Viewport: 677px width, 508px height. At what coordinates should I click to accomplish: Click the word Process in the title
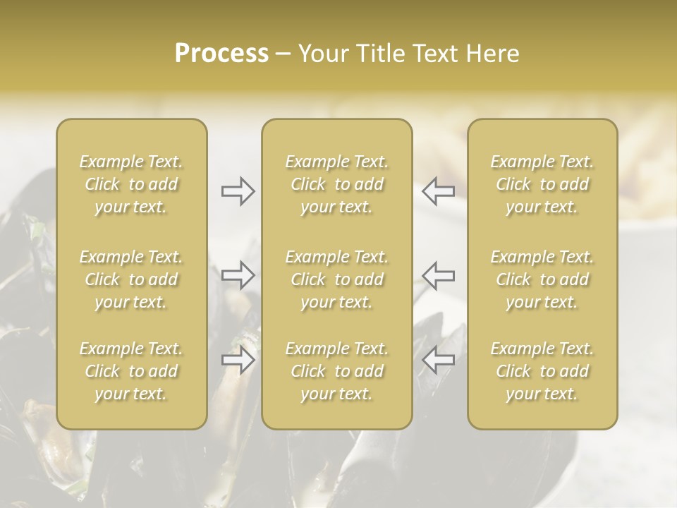(221, 54)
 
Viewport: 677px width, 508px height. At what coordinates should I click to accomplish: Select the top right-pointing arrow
(238, 191)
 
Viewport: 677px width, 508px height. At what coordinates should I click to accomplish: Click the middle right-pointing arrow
(238, 275)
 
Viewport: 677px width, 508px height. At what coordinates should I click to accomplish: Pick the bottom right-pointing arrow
(238, 360)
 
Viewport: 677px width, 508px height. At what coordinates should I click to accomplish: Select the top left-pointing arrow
(438, 191)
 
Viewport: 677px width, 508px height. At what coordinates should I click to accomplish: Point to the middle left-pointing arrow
(438, 275)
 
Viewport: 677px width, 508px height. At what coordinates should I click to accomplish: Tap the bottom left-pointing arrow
(438, 360)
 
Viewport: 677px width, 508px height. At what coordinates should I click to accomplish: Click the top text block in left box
(131, 184)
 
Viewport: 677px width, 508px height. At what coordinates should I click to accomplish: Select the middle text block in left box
(131, 279)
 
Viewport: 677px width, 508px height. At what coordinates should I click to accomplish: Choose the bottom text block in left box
(131, 371)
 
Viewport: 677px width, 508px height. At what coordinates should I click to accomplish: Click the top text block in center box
(337, 184)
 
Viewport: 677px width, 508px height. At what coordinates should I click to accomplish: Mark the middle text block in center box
(337, 279)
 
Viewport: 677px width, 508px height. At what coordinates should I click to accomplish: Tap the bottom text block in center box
(337, 371)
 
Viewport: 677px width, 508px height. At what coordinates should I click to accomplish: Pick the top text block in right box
(542, 184)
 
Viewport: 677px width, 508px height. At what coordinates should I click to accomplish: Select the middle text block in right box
(542, 279)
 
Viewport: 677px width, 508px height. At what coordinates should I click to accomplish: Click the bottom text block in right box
(542, 371)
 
